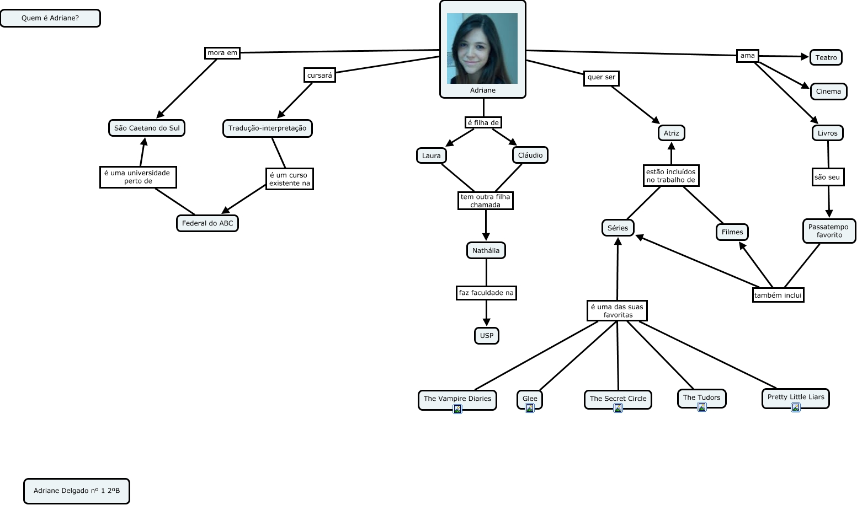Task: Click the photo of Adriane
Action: click(482, 49)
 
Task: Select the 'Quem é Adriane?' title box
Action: click(50, 18)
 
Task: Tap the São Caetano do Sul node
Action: click(147, 128)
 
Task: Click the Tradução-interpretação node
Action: click(267, 128)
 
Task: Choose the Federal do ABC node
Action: click(207, 223)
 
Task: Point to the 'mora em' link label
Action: click(222, 53)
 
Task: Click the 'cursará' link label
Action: click(320, 75)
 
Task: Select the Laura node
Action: click(431, 155)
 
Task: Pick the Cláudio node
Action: click(530, 155)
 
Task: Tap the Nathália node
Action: click(486, 250)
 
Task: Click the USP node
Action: click(486, 335)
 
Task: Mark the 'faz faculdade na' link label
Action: click(486, 293)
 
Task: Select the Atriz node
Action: click(671, 133)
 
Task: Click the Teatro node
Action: click(826, 57)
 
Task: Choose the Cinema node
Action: click(828, 92)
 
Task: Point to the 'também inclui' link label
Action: click(778, 295)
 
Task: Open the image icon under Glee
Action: click(530, 408)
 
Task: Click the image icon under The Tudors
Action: click(702, 407)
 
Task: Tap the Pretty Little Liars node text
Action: click(796, 397)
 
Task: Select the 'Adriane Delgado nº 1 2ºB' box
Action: click(77, 491)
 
